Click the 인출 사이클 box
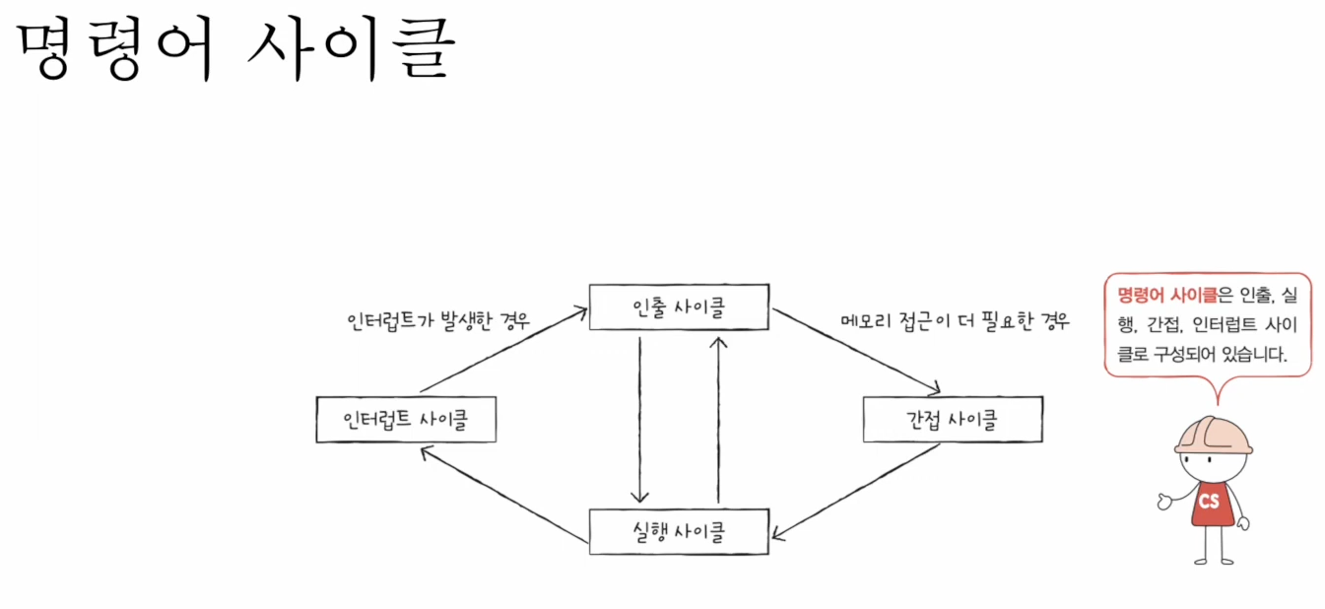(x=679, y=307)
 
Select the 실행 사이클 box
(x=679, y=531)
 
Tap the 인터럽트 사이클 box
(x=406, y=420)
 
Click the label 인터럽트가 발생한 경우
(x=438, y=321)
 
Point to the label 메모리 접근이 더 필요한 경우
(x=955, y=321)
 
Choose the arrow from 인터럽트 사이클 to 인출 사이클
(x=502, y=351)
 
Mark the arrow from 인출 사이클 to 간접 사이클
(x=855, y=351)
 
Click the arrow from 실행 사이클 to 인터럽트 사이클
(x=502, y=493)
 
